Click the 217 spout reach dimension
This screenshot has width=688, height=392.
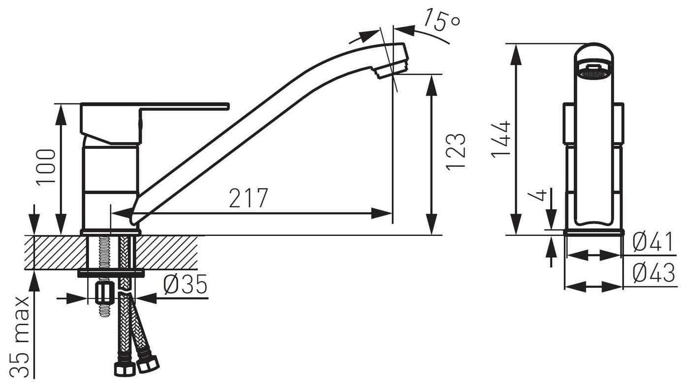tap(249, 198)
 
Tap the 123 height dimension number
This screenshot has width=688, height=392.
tap(456, 152)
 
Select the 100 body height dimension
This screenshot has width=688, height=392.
tap(46, 166)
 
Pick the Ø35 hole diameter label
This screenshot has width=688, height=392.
tap(186, 285)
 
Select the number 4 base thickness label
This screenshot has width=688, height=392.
tap(541, 196)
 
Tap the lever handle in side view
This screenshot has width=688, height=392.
tap(187, 106)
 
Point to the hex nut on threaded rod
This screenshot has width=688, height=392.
tap(104, 294)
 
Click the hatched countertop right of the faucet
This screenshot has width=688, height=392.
tap(167, 252)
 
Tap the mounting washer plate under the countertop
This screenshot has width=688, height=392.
tap(111, 272)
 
